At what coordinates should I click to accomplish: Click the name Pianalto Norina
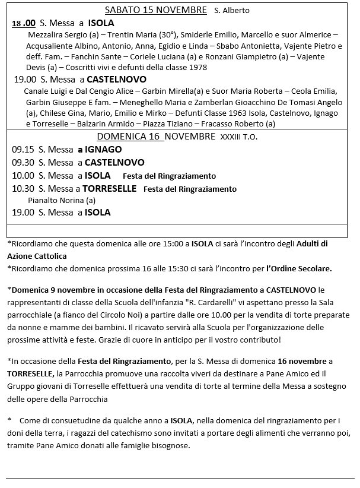click(56, 201)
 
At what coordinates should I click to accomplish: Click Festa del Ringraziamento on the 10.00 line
click(169, 176)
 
